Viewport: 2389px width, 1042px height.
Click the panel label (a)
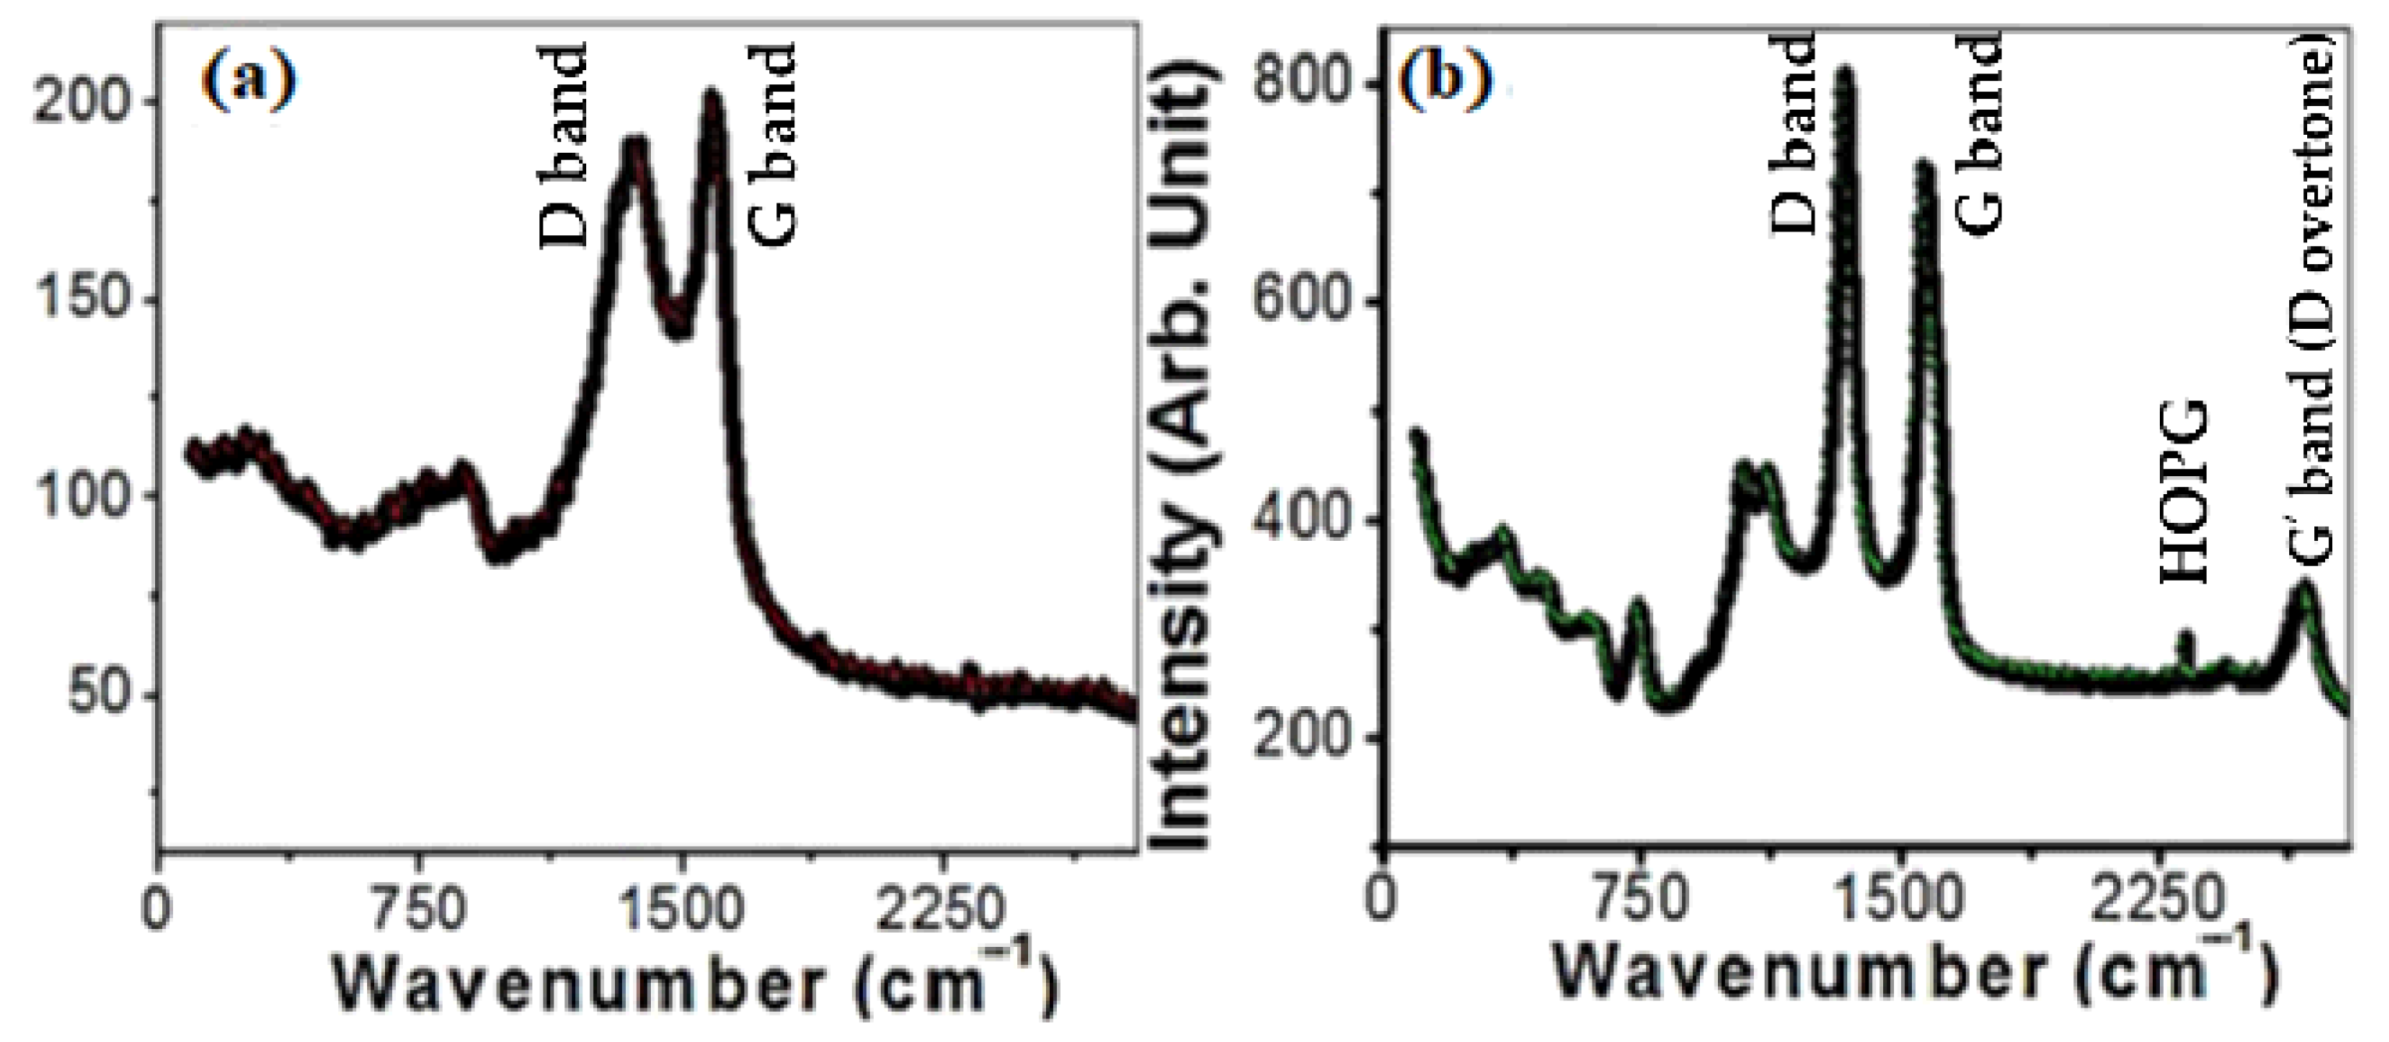[x=248, y=84]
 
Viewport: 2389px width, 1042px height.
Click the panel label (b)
[x=1446, y=84]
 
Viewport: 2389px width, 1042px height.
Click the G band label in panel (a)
[x=772, y=146]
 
